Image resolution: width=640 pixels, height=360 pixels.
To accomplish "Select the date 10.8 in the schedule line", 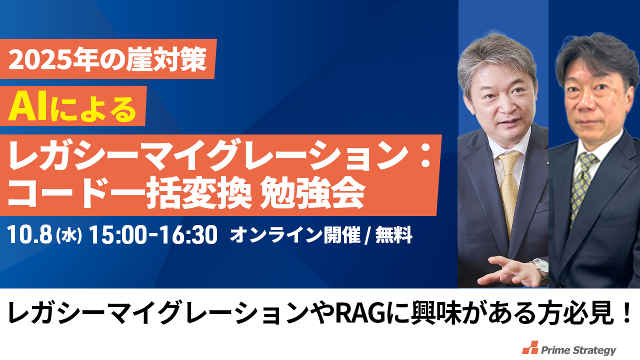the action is tap(29, 235).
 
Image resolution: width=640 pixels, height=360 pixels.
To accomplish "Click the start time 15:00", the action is tap(117, 235).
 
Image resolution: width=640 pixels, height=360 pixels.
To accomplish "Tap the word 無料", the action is tap(393, 235).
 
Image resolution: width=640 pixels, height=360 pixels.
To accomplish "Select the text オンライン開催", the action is tap(295, 235).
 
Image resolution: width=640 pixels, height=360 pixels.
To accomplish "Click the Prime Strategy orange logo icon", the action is tap(530, 347).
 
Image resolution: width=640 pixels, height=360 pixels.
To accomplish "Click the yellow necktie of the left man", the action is tap(510, 191).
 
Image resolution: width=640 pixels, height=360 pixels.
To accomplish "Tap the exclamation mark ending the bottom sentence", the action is tap(627, 313).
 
